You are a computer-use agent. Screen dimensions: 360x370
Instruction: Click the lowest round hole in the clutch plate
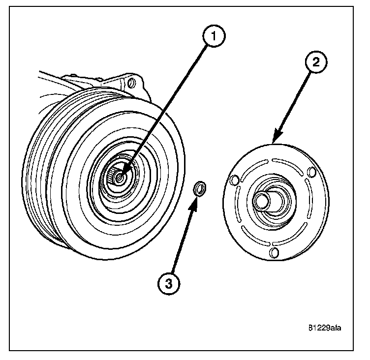point(275,253)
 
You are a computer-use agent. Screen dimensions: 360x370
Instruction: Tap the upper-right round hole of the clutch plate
point(311,172)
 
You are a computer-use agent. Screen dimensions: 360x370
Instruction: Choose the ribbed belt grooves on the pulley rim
point(44,162)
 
